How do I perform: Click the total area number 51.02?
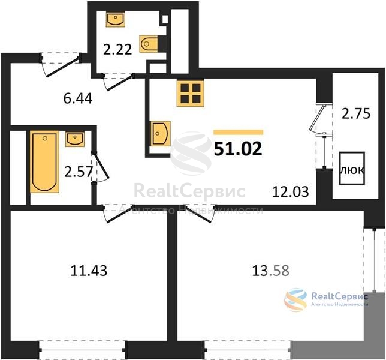[238, 149]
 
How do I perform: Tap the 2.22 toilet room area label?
[117, 50]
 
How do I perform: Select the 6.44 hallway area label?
[78, 99]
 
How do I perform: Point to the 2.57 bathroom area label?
[79, 172]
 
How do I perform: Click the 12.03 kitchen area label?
[291, 192]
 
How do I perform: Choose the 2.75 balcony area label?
[356, 114]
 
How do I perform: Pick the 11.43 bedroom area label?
[89, 271]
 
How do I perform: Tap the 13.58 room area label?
[270, 271]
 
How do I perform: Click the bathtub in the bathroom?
[44, 161]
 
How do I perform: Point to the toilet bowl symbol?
[149, 44]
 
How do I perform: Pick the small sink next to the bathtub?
[75, 139]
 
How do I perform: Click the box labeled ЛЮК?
[352, 168]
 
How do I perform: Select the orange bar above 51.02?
[239, 133]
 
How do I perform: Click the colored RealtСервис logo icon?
[295, 299]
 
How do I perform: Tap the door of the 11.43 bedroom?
[118, 214]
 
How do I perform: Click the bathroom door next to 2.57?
[101, 167]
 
